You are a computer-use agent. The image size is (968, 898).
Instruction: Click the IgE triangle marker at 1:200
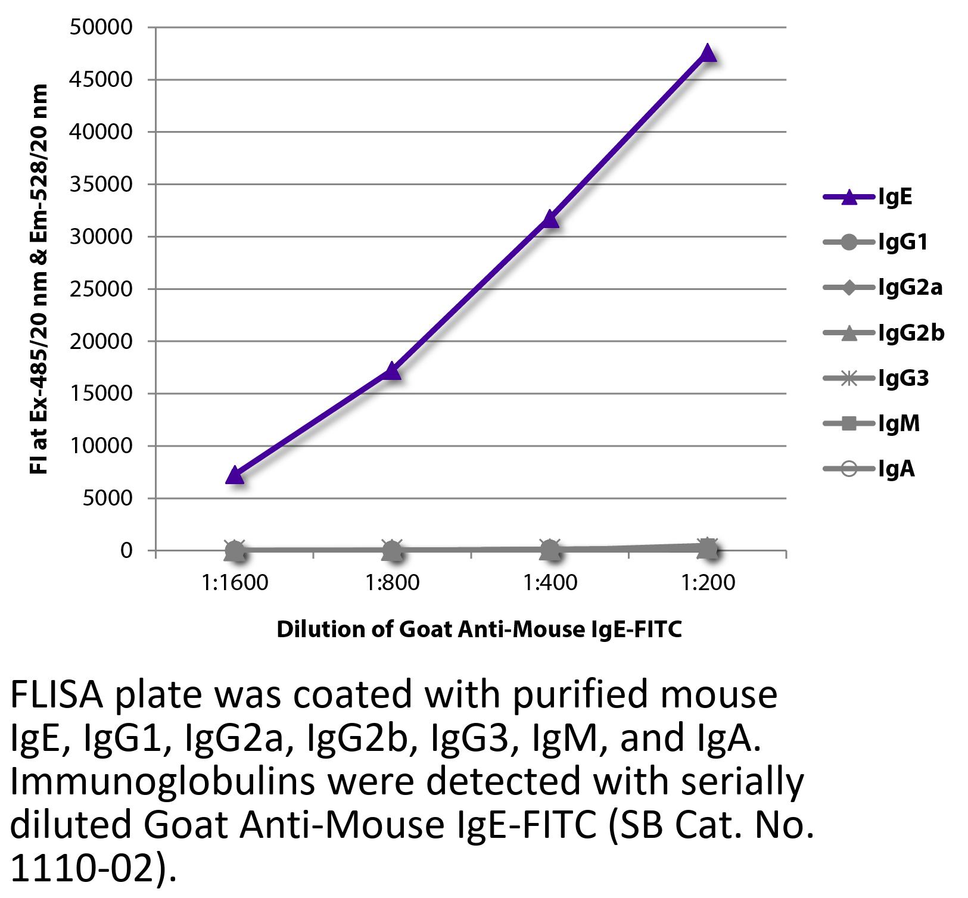(707, 54)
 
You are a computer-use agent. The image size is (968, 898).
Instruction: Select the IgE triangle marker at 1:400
(550, 219)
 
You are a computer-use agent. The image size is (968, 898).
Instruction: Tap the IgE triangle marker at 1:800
(392, 372)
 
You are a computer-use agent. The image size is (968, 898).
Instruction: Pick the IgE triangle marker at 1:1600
(235, 475)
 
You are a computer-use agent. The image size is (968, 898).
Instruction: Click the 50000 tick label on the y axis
(101, 27)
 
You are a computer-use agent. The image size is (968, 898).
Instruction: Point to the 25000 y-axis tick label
(101, 289)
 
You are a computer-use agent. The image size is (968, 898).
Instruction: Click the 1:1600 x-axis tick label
(235, 582)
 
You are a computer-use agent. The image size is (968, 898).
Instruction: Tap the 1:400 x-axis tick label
(550, 582)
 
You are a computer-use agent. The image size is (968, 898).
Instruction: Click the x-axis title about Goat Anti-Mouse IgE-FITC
(479, 629)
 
